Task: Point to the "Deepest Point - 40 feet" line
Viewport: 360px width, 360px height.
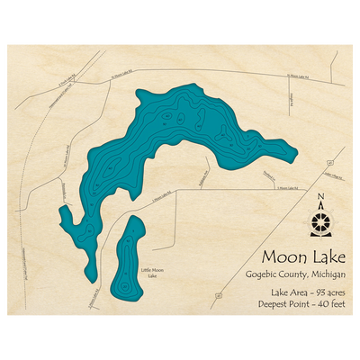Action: [296, 306]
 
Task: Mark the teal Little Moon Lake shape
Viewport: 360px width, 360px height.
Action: [129, 261]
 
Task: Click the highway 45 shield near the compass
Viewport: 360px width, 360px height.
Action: [330, 162]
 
